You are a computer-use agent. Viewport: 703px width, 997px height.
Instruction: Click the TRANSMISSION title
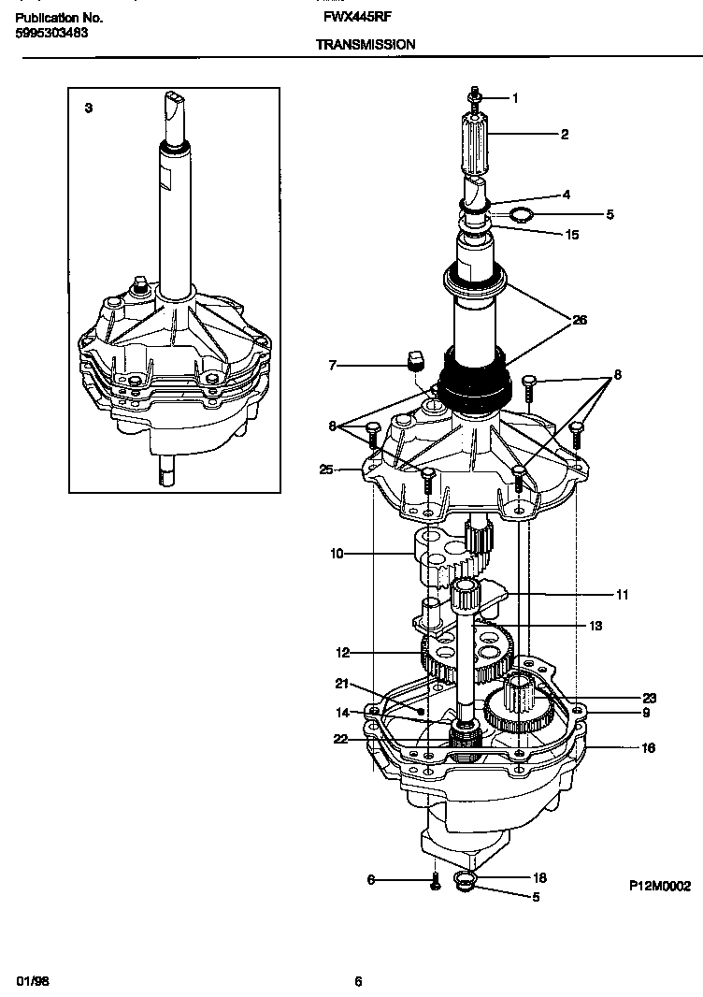365,44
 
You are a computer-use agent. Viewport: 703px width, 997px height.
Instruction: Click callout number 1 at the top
513,98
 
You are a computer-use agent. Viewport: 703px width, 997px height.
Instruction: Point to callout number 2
564,135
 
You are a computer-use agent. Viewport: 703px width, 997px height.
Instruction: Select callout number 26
580,320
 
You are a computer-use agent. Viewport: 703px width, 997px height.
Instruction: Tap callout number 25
325,469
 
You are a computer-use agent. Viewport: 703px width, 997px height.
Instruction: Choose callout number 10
337,554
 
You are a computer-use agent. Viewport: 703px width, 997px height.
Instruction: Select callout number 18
539,878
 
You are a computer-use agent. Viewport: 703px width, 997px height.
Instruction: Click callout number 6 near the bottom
370,880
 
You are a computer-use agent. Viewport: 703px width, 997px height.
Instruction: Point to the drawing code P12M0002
659,887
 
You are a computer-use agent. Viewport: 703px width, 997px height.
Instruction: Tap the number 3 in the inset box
88,108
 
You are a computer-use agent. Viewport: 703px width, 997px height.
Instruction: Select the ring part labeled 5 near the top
524,215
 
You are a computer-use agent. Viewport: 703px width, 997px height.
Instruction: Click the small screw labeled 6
435,882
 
